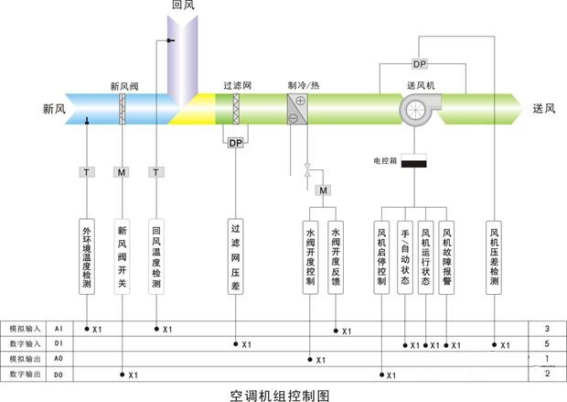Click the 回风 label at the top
(x=184, y=5)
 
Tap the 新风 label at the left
(x=55, y=108)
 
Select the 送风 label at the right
(x=544, y=108)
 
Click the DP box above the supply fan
(x=419, y=64)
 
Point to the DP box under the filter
(x=235, y=143)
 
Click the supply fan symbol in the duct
(x=418, y=107)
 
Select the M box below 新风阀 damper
(x=123, y=171)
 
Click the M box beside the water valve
(x=323, y=190)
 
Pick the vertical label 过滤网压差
(x=235, y=255)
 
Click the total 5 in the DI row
(x=546, y=343)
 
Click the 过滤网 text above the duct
(x=236, y=85)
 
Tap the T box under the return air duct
(x=157, y=171)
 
